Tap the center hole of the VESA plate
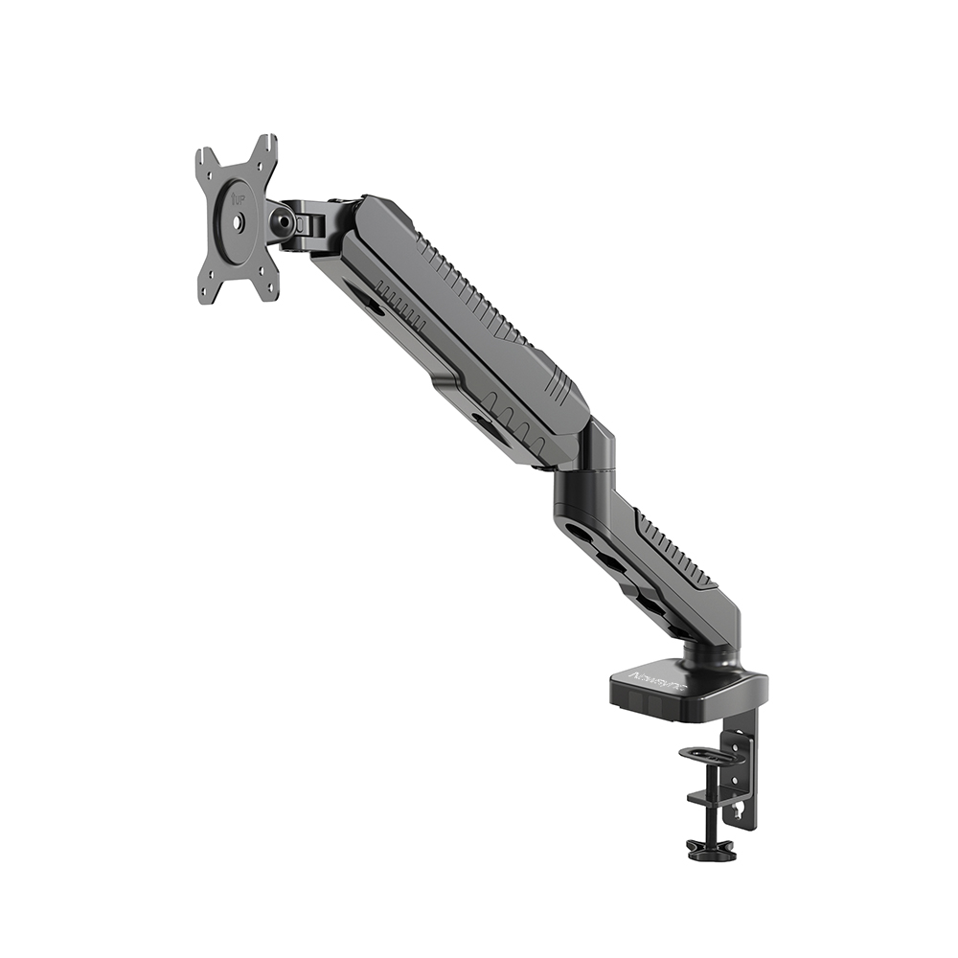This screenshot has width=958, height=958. pos(239,220)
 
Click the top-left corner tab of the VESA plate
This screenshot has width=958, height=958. pos(204,155)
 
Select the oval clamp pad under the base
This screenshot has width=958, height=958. pos(707,753)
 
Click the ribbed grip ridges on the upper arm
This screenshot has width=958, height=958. pos(469,287)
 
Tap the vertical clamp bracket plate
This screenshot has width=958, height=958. pos(741,776)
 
